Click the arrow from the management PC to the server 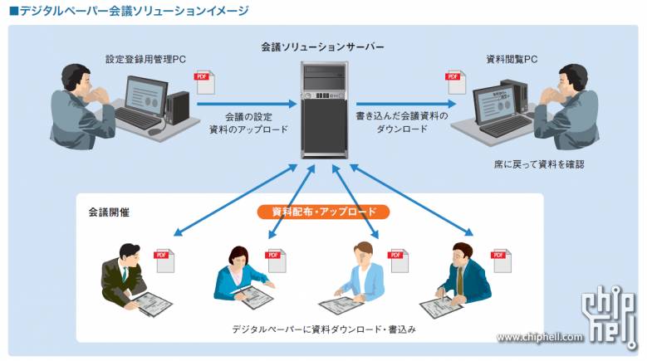coord(250,105)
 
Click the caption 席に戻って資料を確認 coord(538,164)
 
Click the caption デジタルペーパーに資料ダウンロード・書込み coord(324,329)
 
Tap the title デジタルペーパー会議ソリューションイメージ coord(128,12)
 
